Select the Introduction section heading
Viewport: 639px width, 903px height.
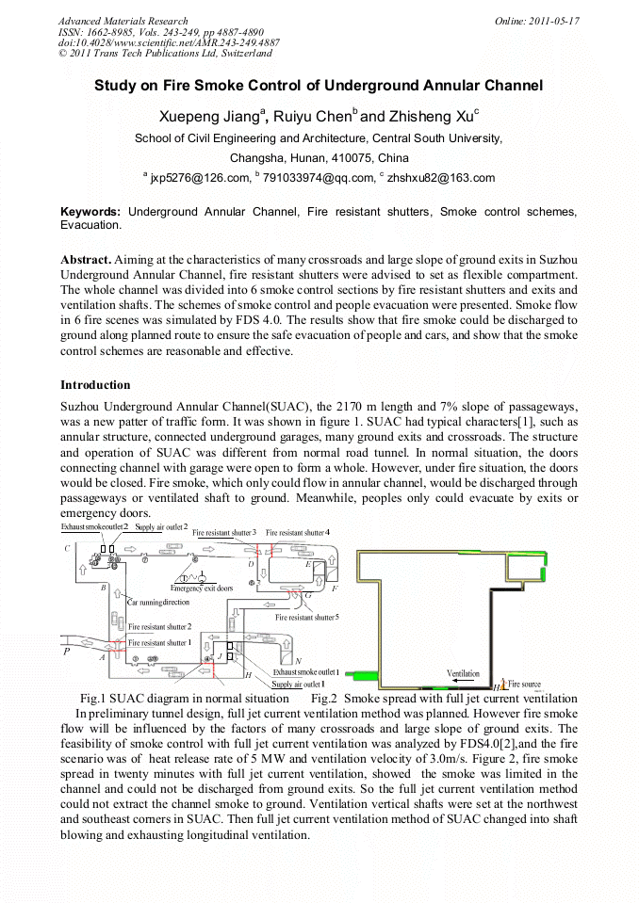click(95, 385)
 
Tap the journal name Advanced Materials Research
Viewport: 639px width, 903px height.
click(123, 21)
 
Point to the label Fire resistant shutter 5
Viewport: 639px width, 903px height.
click(306, 618)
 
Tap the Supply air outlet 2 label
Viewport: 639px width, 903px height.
click(161, 527)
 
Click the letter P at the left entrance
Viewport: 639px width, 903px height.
click(66, 651)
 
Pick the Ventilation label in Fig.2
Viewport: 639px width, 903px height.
click(463, 674)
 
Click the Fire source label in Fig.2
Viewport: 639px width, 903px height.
click(524, 682)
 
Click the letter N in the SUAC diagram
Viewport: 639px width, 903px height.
click(298, 661)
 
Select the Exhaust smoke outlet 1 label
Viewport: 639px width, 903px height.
click(305, 672)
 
